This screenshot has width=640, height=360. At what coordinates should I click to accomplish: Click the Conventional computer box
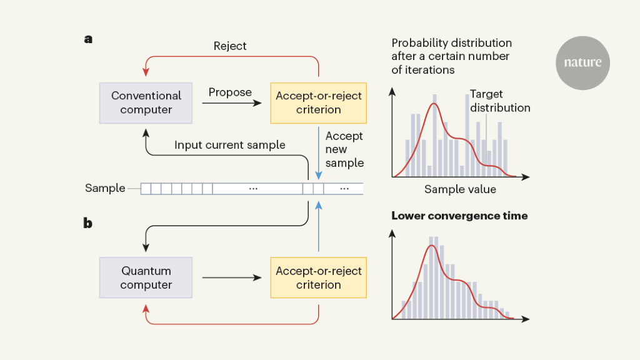pos(146,102)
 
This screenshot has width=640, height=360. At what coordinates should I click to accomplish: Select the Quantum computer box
pos(146,277)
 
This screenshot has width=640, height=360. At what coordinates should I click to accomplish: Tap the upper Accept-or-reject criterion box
pos(319,102)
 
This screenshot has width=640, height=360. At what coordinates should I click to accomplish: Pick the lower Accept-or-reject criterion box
pos(319,277)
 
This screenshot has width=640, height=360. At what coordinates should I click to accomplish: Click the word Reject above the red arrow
pos(230,46)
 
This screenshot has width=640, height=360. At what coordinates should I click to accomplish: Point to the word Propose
pos(230,92)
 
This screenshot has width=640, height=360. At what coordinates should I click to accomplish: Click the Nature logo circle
pos(582,63)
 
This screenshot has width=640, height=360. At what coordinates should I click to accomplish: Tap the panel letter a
pos(88,39)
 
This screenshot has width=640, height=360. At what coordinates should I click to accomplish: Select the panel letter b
pos(88,222)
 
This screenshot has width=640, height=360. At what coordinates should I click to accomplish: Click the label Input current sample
pos(229,145)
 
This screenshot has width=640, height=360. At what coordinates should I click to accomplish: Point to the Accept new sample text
pos(344,149)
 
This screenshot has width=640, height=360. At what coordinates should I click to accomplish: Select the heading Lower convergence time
pos(459,216)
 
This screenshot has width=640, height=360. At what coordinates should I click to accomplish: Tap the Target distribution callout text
pos(499,101)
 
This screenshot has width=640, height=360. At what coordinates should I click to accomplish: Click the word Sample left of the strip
pos(105,188)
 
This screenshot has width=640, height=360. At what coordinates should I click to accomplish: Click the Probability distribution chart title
pos(451,56)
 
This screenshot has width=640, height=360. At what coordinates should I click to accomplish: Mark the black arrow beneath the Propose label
pos(234,104)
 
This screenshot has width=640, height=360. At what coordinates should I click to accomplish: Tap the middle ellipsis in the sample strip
pos(254,188)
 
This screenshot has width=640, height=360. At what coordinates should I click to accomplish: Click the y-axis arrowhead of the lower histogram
pos(392,232)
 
